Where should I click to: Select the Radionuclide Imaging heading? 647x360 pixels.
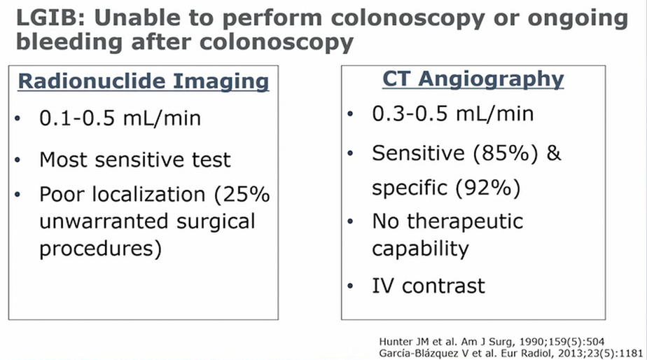point(143,81)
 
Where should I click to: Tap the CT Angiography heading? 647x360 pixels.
point(473,79)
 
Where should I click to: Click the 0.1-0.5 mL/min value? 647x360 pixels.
point(120,118)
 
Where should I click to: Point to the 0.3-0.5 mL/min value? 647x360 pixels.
point(452,113)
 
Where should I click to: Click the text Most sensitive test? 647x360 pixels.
point(135,160)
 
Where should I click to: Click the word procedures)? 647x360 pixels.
point(100,249)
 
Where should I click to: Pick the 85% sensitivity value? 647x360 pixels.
point(506,153)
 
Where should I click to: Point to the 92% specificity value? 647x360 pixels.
point(488,188)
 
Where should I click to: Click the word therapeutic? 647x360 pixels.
point(465,222)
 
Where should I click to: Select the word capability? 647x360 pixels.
point(420,249)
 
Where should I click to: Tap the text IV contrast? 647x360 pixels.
point(429,286)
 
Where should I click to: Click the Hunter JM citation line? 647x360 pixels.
point(492,341)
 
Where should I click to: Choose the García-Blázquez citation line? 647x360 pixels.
point(511,354)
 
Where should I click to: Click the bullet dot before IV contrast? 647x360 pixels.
point(350,286)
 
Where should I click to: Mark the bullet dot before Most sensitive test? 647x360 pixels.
point(18,160)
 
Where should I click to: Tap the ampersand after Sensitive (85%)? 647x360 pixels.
point(554,153)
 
